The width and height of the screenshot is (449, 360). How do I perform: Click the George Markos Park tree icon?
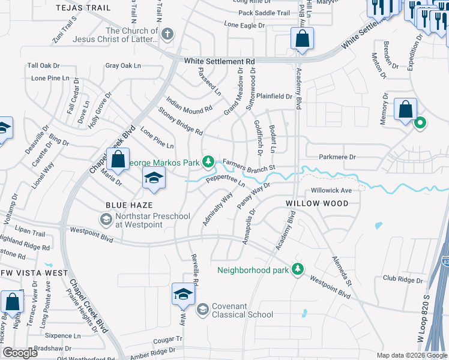click(x=208, y=161)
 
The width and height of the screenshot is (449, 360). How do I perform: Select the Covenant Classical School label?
click(x=238, y=310)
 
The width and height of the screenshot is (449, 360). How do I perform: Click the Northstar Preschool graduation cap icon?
click(x=106, y=220)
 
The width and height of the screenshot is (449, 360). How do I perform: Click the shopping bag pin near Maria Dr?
click(x=118, y=159)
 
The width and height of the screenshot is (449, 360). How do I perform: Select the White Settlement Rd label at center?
click(x=219, y=61)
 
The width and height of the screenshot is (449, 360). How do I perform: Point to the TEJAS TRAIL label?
click(x=83, y=7)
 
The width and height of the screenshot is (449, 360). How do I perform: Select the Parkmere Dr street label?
click(x=336, y=157)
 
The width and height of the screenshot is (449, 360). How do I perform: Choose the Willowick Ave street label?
click(x=331, y=190)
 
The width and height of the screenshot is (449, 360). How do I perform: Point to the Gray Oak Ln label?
click(x=122, y=65)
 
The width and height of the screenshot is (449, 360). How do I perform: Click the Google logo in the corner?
click(x=20, y=353)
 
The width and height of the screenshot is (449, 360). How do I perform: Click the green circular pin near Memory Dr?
click(x=420, y=123)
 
